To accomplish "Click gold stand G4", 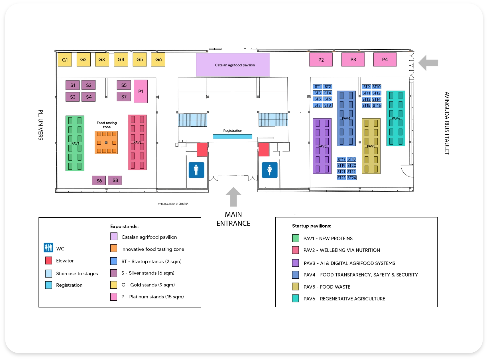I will [121, 60].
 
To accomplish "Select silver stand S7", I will [124, 97].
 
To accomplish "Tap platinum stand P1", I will [141, 91].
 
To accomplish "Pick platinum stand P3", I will [353, 60].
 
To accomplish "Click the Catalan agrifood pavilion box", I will [233, 65].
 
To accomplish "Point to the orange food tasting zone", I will [106, 142].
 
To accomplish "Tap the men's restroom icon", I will [196, 170].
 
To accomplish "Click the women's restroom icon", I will [270, 170].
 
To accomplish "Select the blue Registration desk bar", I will [232, 137].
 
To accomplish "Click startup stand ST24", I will [352, 178].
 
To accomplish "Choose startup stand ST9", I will [366, 87].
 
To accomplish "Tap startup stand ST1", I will [318, 87].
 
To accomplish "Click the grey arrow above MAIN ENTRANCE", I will [233, 197].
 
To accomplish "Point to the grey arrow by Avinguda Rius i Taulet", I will [428, 63].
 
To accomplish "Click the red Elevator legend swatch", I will [48, 260].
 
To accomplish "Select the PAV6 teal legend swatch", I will [296, 298].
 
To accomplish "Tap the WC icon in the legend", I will [48, 248].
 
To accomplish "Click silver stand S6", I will [99, 181].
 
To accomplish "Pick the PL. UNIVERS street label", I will [41, 125].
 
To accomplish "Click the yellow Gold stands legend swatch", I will [114, 285].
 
